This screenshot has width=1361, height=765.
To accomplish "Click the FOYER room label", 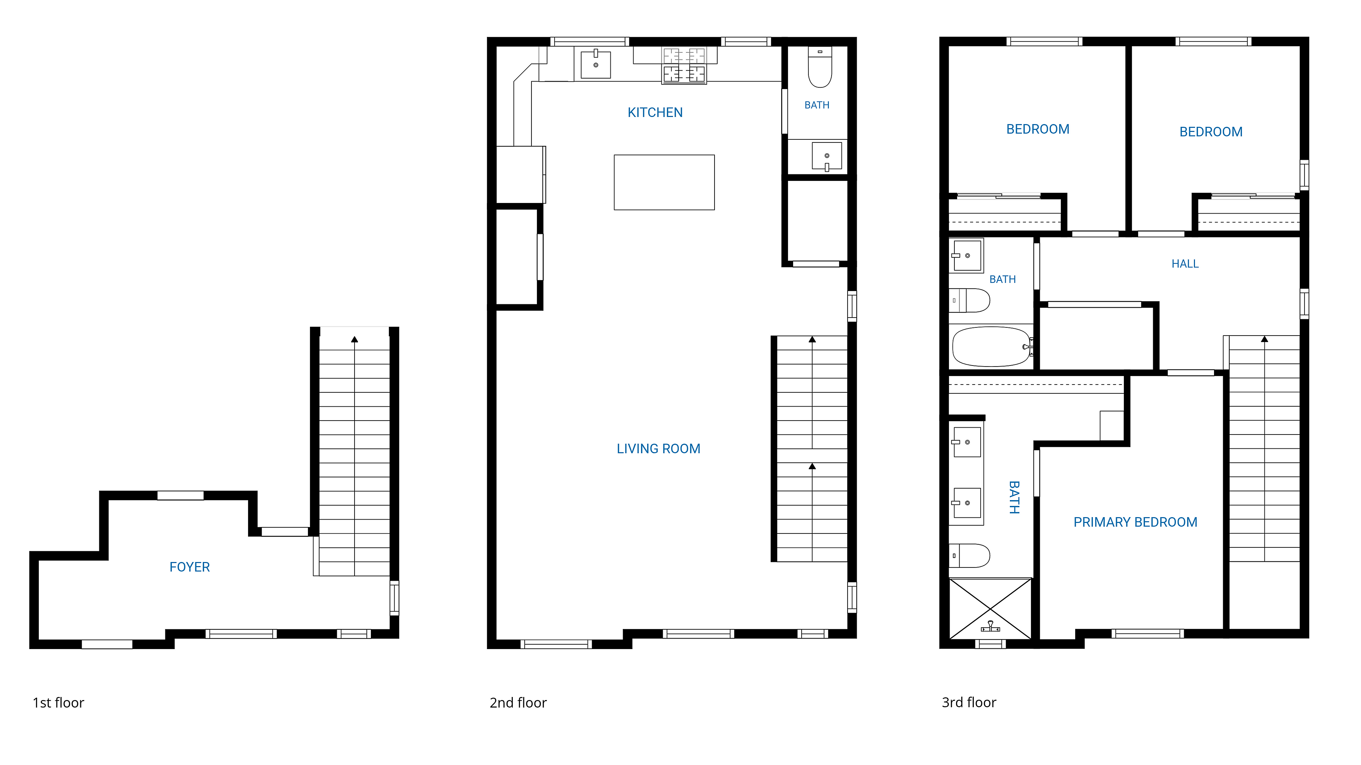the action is click(x=190, y=567).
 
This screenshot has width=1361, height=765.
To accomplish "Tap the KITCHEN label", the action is click(x=655, y=113).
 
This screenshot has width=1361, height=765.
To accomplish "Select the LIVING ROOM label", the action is click(x=658, y=449).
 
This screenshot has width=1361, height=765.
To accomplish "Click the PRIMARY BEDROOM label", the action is click(x=1135, y=522).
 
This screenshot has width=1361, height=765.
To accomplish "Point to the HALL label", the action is click(x=1185, y=264).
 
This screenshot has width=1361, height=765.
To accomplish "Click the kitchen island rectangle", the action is click(x=664, y=182).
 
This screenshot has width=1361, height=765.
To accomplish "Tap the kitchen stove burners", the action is click(x=684, y=66).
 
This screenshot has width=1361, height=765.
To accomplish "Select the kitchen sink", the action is click(x=596, y=64).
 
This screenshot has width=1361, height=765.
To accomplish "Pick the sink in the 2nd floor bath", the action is click(x=827, y=157).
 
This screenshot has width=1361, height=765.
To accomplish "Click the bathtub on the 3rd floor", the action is click(x=992, y=346).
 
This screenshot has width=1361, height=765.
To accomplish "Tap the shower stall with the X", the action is click(x=990, y=609).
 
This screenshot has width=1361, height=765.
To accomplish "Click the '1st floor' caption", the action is click(x=59, y=703).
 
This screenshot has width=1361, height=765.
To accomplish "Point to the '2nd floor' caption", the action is click(x=518, y=703).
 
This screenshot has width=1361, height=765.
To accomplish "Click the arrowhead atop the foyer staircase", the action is click(x=355, y=339).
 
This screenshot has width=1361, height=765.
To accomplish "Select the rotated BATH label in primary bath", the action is click(x=1014, y=497).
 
